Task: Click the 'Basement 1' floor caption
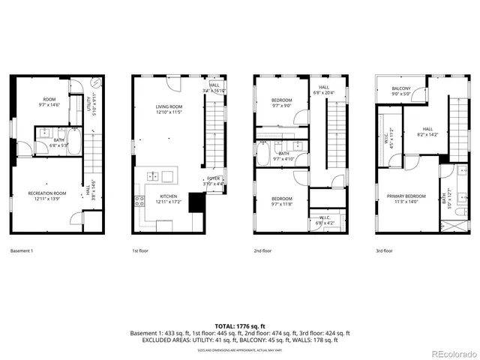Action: point(22,251)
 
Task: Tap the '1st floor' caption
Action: point(141,251)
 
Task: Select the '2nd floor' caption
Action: point(262,251)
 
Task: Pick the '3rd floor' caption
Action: point(383,251)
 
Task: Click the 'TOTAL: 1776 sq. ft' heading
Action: point(240,325)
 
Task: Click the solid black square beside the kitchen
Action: point(197,202)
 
